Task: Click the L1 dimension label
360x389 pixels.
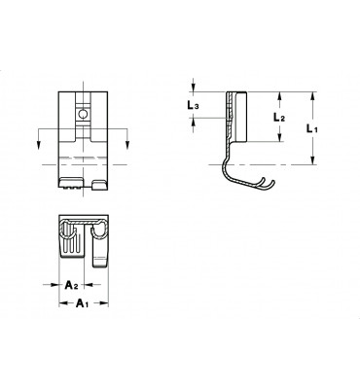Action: click(312, 129)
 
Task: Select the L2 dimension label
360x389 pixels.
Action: click(278, 117)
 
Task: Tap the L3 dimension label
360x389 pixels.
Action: click(193, 105)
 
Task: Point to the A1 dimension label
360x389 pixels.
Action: click(82, 303)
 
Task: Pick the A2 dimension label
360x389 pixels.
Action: click(71, 285)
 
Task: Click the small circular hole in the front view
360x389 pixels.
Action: click(83, 114)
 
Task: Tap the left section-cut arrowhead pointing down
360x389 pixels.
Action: click(39, 146)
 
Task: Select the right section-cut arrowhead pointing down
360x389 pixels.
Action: click(127, 146)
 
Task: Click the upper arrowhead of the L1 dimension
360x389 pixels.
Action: click(312, 96)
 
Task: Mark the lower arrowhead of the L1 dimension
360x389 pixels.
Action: click(312, 160)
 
